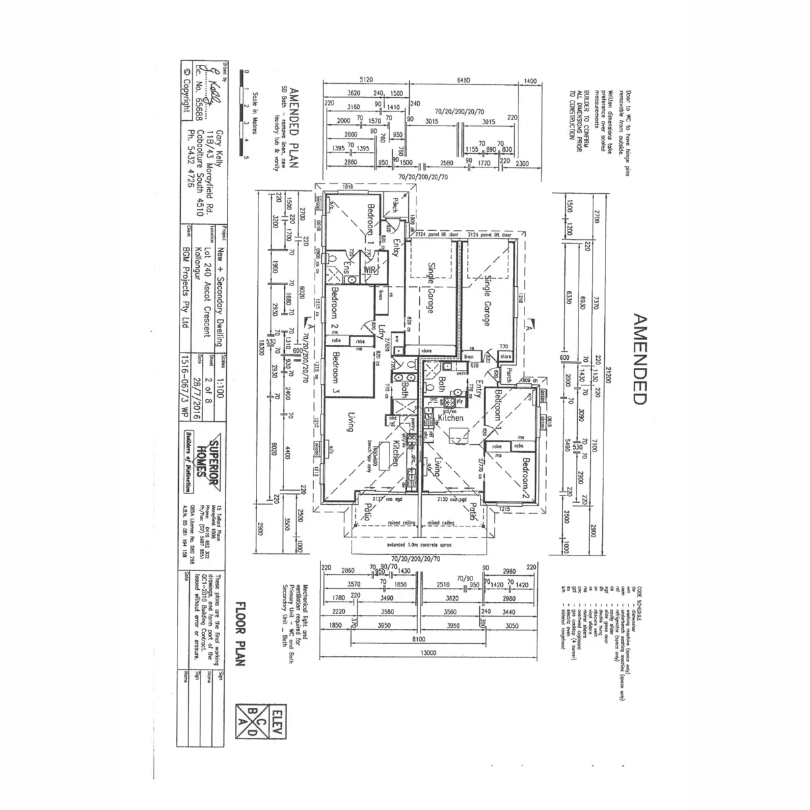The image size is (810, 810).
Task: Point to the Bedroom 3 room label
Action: click(335, 373)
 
